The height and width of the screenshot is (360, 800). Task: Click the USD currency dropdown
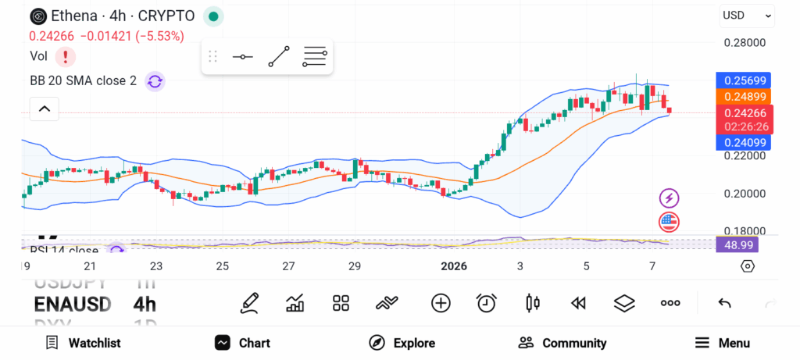coord(746,16)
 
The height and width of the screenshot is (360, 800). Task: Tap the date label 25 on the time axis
coord(223,266)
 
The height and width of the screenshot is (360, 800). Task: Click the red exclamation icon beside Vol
coord(66,56)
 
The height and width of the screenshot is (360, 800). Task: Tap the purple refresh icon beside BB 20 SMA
coord(155,80)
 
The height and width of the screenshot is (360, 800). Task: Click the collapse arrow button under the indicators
coord(44,109)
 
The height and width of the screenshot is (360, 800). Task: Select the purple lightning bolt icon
coord(669,198)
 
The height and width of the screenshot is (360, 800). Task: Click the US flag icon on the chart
coord(669,221)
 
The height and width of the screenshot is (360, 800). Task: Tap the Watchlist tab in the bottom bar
coord(83,343)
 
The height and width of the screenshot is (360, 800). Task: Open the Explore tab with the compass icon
coord(402,343)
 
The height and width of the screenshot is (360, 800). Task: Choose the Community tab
coord(562,343)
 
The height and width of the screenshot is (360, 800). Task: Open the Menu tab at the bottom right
coord(722,343)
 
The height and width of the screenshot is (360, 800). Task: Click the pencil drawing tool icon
coord(250,303)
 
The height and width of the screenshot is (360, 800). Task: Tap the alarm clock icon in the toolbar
coord(487,303)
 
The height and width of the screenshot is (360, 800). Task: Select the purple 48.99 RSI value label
coord(737,245)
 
